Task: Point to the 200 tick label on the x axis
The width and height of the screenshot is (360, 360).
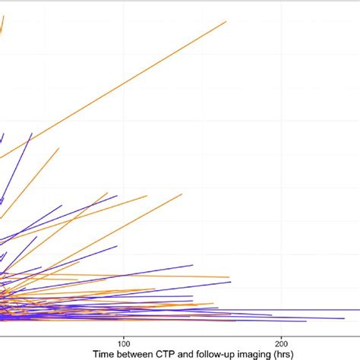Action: pos(283,343)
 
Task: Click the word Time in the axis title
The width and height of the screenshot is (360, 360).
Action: pos(106,354)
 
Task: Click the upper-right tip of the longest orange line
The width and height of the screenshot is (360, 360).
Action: pos(226,21)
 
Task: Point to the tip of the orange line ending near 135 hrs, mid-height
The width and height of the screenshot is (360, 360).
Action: pos(182,194)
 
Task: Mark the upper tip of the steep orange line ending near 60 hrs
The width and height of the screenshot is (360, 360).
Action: pos(58,147)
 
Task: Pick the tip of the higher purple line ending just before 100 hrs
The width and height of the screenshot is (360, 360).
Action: pos(117,196)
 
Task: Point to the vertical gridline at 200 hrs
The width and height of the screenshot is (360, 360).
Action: pos(283,152)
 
